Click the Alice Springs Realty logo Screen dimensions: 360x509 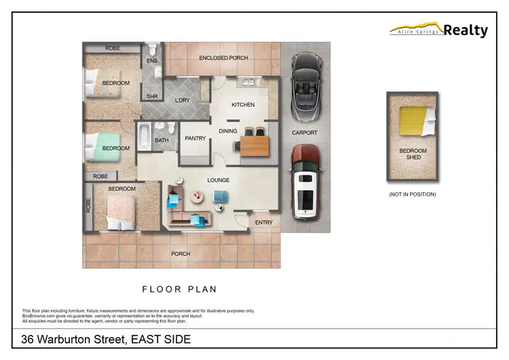click(x=438, y=30)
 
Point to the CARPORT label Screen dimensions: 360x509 click(x=305, y=133)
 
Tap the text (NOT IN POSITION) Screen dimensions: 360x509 click(x=412, y=194)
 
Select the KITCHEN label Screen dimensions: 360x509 click(x=243, y=105)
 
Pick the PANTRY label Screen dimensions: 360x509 click(x=195, y=139)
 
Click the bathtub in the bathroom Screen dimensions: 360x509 click(x=144, y=137)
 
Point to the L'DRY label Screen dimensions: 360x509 click(x=182, y=101)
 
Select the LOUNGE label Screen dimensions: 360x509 click(x=219, y=180)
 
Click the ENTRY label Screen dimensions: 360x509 click(x=263, y=222)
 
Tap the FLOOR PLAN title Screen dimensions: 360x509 click(x=179, y=289)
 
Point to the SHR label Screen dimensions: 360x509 click(x=152, y=96)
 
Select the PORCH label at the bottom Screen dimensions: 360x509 click(x=181, y=254)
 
